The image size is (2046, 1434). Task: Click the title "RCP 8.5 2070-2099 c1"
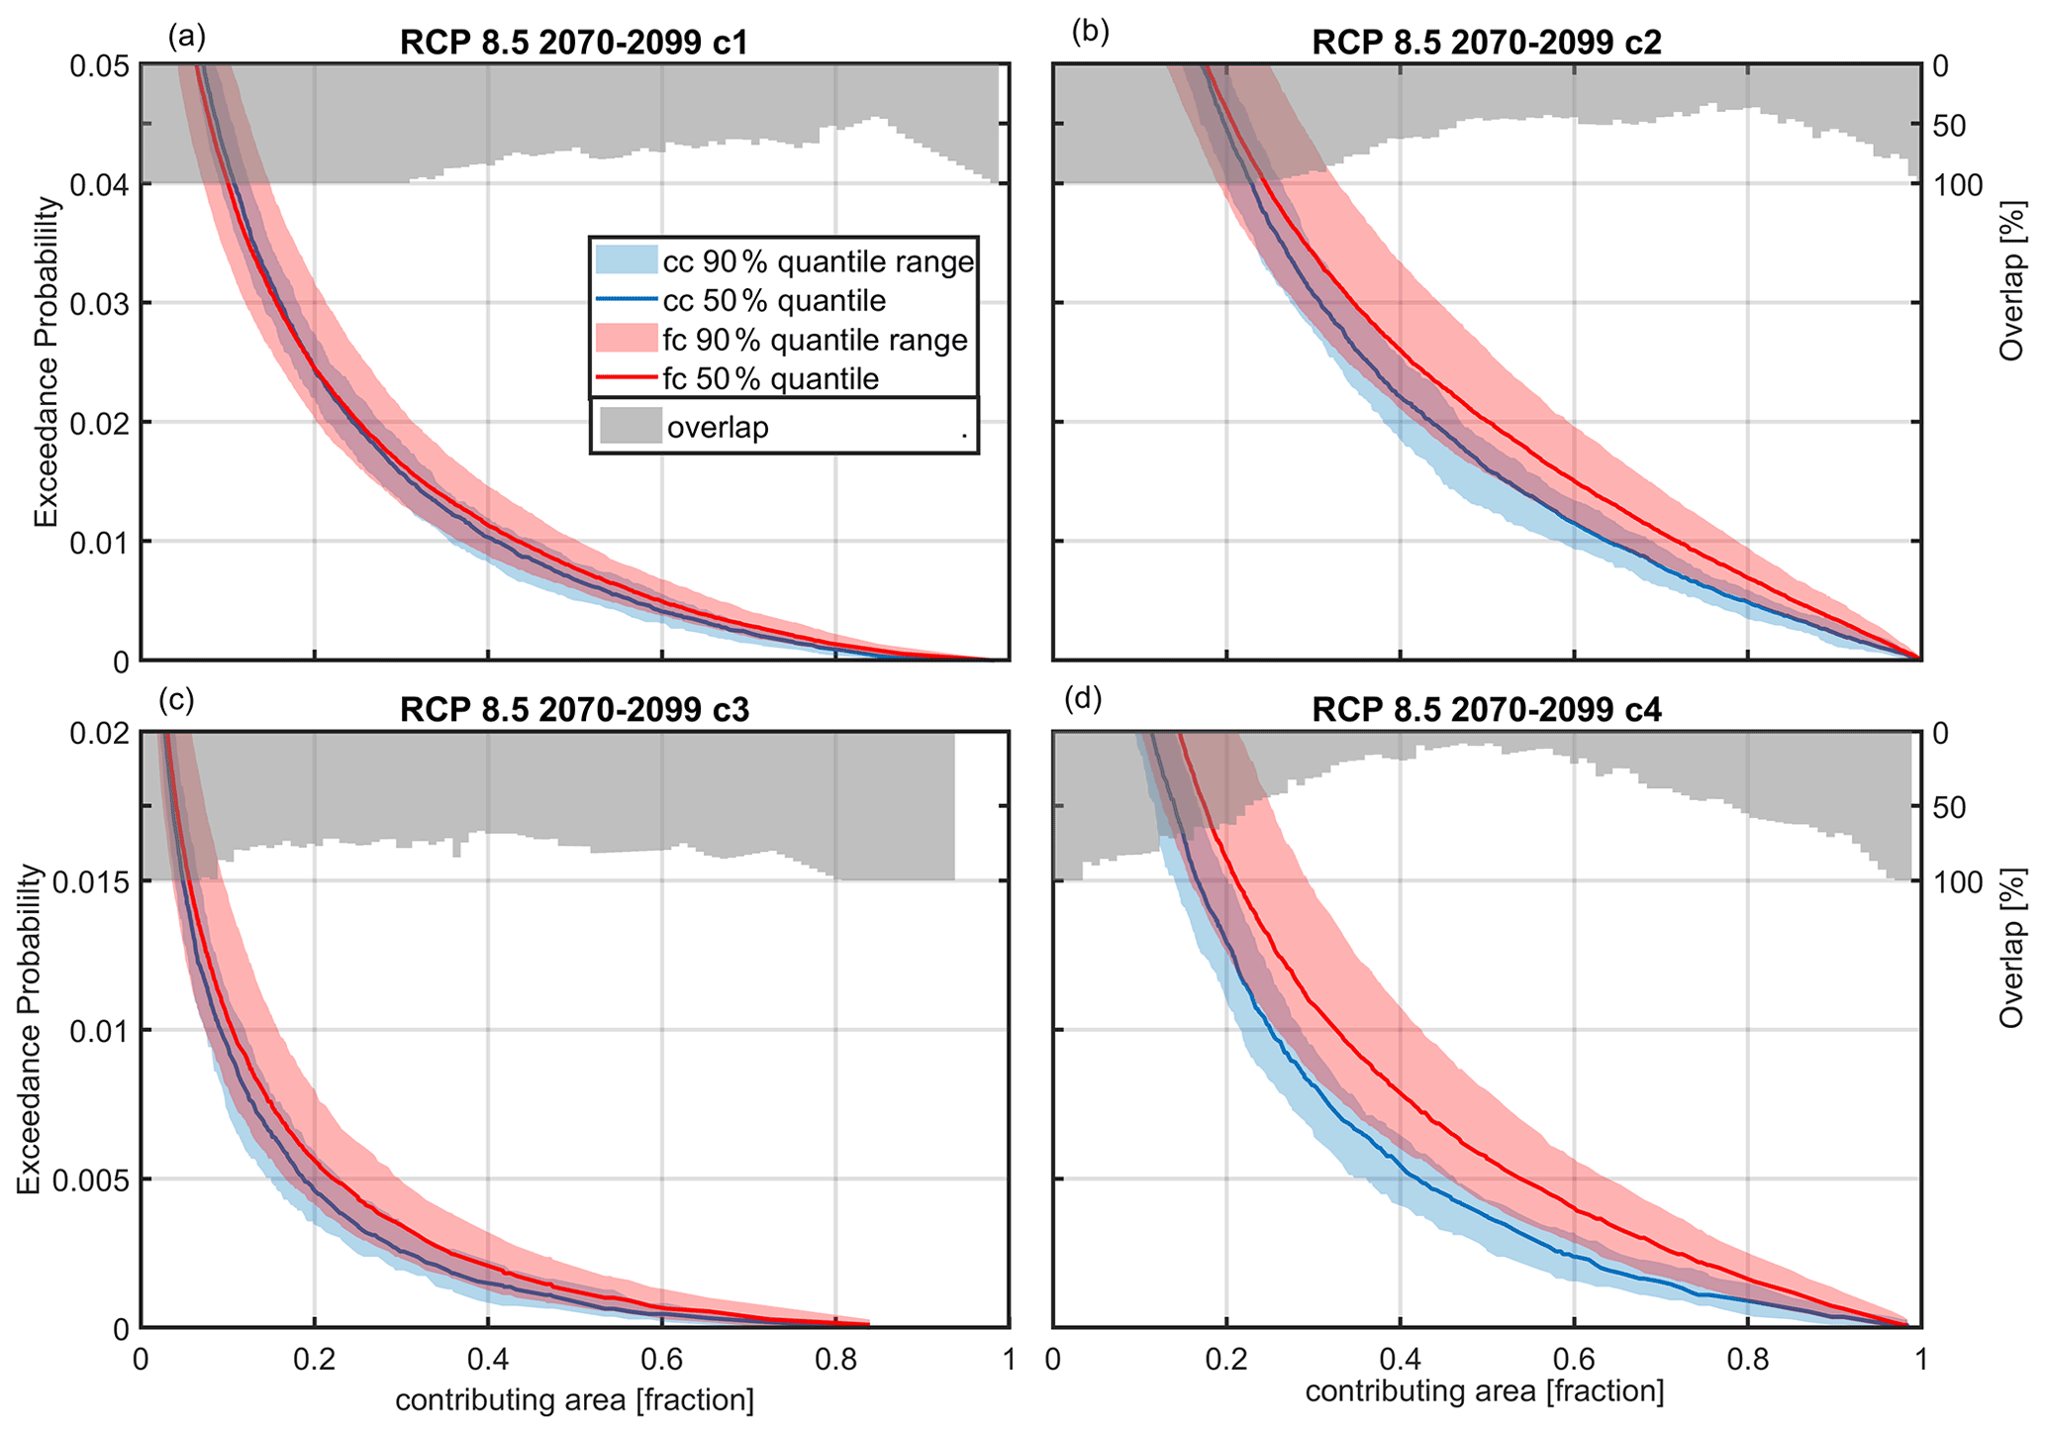574,43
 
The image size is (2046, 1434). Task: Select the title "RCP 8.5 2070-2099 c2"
1486,43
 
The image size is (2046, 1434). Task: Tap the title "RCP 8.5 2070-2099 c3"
574,710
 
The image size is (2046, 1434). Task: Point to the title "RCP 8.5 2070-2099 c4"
1486,710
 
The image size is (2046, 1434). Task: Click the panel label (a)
187,37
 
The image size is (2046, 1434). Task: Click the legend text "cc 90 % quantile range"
818,262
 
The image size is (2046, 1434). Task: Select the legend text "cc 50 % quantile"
773,301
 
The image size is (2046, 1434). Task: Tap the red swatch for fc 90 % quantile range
627,340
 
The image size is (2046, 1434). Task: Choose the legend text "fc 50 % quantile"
770,379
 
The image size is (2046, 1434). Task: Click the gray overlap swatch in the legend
631,426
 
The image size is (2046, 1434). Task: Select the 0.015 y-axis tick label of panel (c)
87,881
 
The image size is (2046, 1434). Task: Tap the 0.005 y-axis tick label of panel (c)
87,1179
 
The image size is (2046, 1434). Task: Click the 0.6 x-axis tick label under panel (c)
661,1359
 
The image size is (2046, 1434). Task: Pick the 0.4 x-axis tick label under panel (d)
1399,1359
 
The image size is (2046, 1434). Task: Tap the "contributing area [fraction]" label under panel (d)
1484,1391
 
